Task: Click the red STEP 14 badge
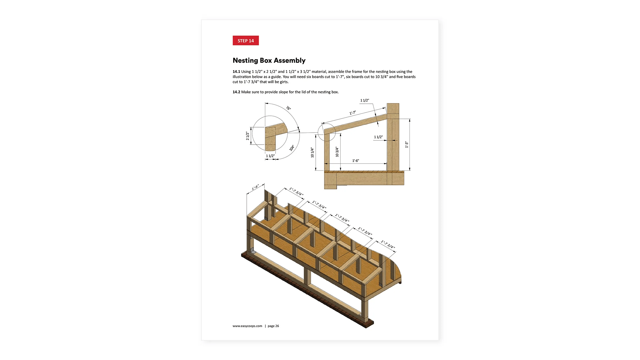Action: tap(246, 40)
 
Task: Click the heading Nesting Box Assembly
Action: tap(269, 60)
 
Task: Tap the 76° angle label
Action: tap(288, 108)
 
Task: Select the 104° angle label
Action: tap(292, 148)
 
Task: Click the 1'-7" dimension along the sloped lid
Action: tap(353, 113)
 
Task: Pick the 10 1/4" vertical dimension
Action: tap(312, 152)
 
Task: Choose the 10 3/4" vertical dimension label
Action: tap(337, 152)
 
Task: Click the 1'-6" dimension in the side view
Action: tap(355, 161)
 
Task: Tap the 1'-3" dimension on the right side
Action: tap(407, 145)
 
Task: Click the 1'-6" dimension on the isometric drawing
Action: tap(255, 187)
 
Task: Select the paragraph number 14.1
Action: tap(236, 72)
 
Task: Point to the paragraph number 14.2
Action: tap(236, 92)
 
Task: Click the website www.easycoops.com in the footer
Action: tap(247, 326)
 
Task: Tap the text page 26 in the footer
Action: tap(273, 326)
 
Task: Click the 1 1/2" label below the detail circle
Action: tap(270, 156)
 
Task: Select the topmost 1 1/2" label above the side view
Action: tap(364, 100)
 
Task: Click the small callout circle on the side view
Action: tap(326, 132)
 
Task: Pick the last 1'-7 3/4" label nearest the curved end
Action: tap(388, 244)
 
